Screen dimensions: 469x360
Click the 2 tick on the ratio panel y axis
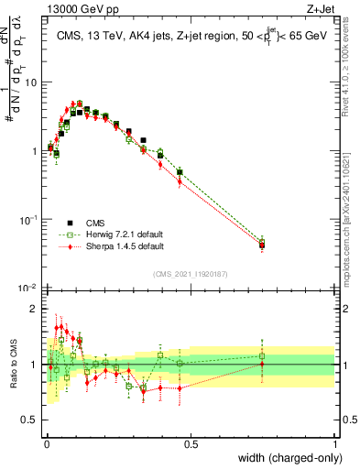pos(37,309)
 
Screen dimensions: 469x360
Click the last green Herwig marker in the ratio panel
pos(262,356)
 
